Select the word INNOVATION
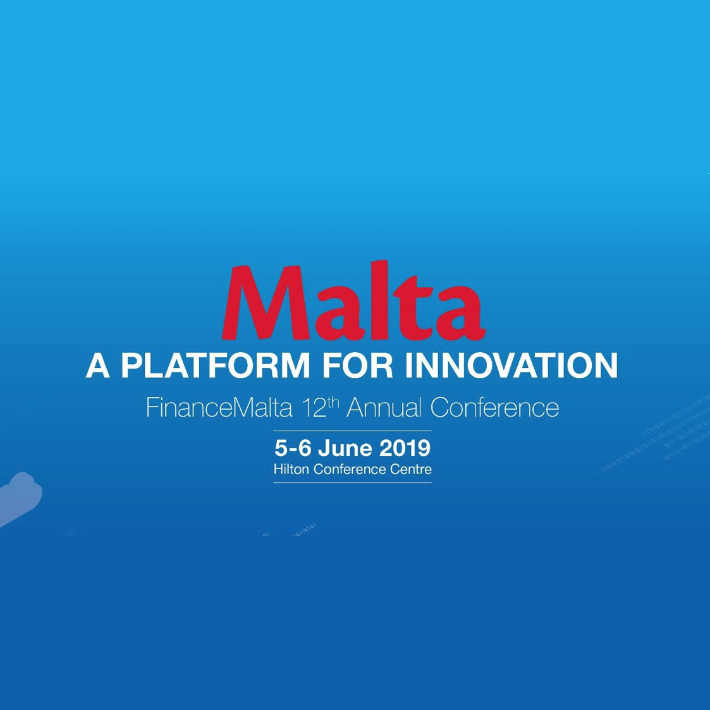click(x=511, y=365)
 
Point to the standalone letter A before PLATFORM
click(x=98, y=365)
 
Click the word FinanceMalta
click(x=219, y=408)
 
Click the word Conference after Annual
click(x=494, y=408)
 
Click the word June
click(x=345, y=448)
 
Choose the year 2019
click(x=405, y=448)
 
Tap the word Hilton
click(x=291, y=469)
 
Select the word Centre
click(x=412, y=469)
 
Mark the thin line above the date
click(x=352, y=431)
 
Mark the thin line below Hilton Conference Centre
click(x=352, y=482)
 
